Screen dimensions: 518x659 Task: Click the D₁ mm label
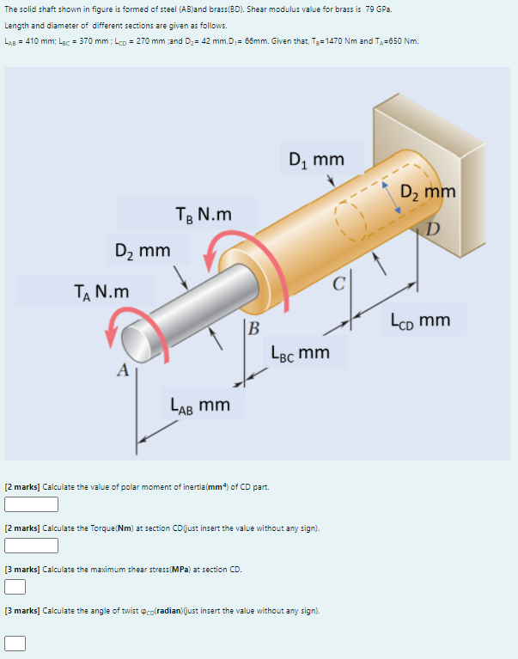[316, 160]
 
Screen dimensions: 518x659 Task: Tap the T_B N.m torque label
[203, 213]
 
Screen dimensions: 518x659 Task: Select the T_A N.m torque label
[101, 291]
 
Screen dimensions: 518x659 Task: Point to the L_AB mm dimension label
[200, 403]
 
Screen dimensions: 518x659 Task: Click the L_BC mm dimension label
[300, 352]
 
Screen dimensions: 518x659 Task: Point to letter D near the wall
[434, 227]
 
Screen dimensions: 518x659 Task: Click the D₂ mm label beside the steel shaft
[143, 251]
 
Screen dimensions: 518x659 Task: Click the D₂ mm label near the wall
[428, 191]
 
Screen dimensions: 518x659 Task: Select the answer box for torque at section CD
[31, 546]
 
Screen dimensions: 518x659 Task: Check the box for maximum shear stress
[15, 587]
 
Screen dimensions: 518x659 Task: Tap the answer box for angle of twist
[15, 642]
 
